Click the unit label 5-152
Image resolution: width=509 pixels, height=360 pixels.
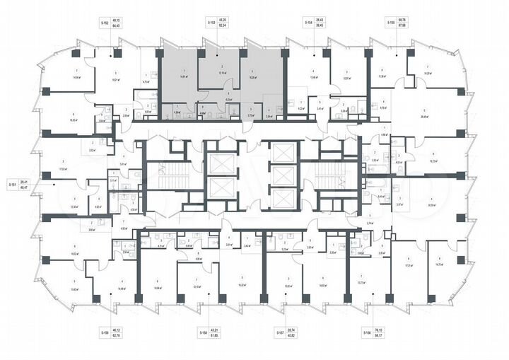tap(105, 23)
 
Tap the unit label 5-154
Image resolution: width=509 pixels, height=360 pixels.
tap(308, 23)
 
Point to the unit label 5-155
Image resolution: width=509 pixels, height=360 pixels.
tap(390, 23)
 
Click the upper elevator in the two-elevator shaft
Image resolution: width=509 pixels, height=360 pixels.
tap(220, 161)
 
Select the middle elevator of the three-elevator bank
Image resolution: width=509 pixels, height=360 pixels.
tap(283, 175)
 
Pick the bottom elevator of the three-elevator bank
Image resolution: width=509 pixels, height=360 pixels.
tap(283, 199)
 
